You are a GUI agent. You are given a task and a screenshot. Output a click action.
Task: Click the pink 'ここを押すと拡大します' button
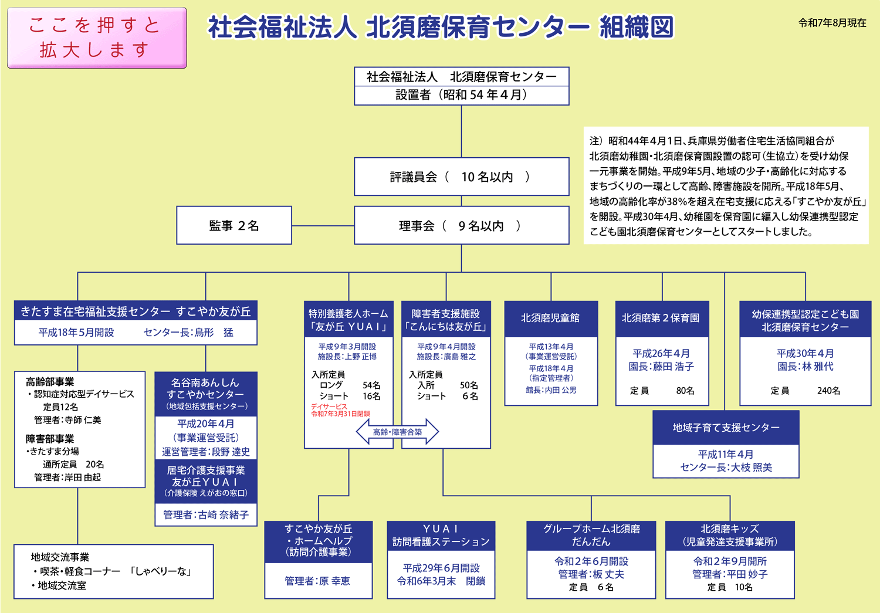(97, 38)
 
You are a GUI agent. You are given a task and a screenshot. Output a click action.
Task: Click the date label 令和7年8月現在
(832, 23)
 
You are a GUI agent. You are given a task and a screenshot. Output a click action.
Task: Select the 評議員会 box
(461, 177)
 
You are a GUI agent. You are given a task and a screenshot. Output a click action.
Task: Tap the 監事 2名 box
(234, 225)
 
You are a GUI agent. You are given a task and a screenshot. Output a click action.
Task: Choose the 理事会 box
(461, 225)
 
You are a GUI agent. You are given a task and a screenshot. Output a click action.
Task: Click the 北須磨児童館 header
(551, 319)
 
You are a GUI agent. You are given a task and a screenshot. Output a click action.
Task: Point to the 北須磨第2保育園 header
(661, 319)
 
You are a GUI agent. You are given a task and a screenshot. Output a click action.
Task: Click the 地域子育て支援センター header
(726, 428)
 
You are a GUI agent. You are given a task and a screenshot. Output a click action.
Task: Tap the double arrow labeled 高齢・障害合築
(398, 432)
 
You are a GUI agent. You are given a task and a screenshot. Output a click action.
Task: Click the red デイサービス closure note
(340, 410)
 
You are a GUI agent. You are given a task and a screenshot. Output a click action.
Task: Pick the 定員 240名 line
(805, 391)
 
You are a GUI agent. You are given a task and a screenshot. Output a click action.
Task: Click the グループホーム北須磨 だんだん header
(591, 535)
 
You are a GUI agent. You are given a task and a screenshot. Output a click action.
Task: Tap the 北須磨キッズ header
(729, 535)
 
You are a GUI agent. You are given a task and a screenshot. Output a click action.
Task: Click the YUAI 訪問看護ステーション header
(441, 535)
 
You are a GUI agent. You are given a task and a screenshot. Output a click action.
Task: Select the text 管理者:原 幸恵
(317, 581)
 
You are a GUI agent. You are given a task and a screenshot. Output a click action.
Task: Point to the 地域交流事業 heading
(60, 557)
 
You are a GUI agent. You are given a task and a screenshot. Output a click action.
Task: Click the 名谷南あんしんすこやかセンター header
(206, 394)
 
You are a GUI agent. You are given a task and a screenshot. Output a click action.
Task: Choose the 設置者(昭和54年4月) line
(461, 95)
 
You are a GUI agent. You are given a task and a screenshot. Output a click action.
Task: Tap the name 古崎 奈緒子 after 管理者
(224, 515)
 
